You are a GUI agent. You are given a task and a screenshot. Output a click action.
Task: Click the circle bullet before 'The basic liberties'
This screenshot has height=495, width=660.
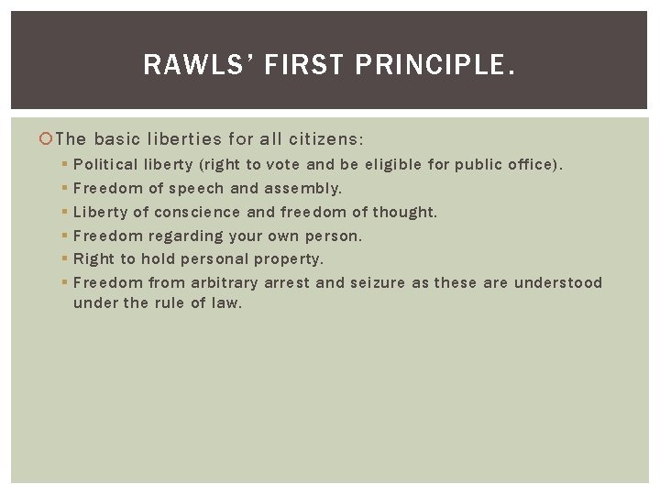47,139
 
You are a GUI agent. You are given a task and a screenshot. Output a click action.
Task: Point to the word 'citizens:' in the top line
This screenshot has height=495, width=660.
325,139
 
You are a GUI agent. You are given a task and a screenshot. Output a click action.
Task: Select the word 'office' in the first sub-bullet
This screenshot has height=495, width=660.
528,165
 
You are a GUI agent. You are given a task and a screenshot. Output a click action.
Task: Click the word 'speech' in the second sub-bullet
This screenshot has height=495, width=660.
197,189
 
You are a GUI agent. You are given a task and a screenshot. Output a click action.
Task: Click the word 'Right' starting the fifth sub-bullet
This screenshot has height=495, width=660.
93,259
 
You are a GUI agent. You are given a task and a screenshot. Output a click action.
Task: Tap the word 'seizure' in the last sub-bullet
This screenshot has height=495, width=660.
375,282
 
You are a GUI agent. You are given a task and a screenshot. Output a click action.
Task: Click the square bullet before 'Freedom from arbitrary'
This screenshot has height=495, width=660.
64,282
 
